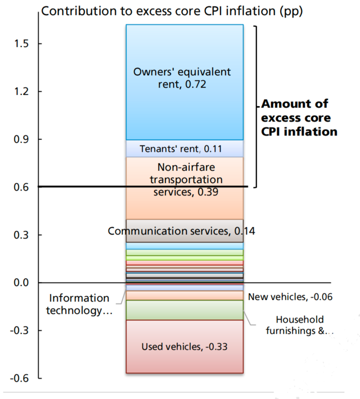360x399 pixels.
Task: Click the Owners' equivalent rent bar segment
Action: (x=184, y=82)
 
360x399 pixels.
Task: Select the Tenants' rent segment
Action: (x=184, y=148)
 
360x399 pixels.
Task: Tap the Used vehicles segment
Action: (x=184, y=346)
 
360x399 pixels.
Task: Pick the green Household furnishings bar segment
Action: (x=184, y=310)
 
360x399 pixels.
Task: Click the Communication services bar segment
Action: (x=184, y=231)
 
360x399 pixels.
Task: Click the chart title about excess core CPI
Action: (x=173, y=11)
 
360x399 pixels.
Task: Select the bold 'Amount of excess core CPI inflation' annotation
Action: (x=299, y=117)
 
